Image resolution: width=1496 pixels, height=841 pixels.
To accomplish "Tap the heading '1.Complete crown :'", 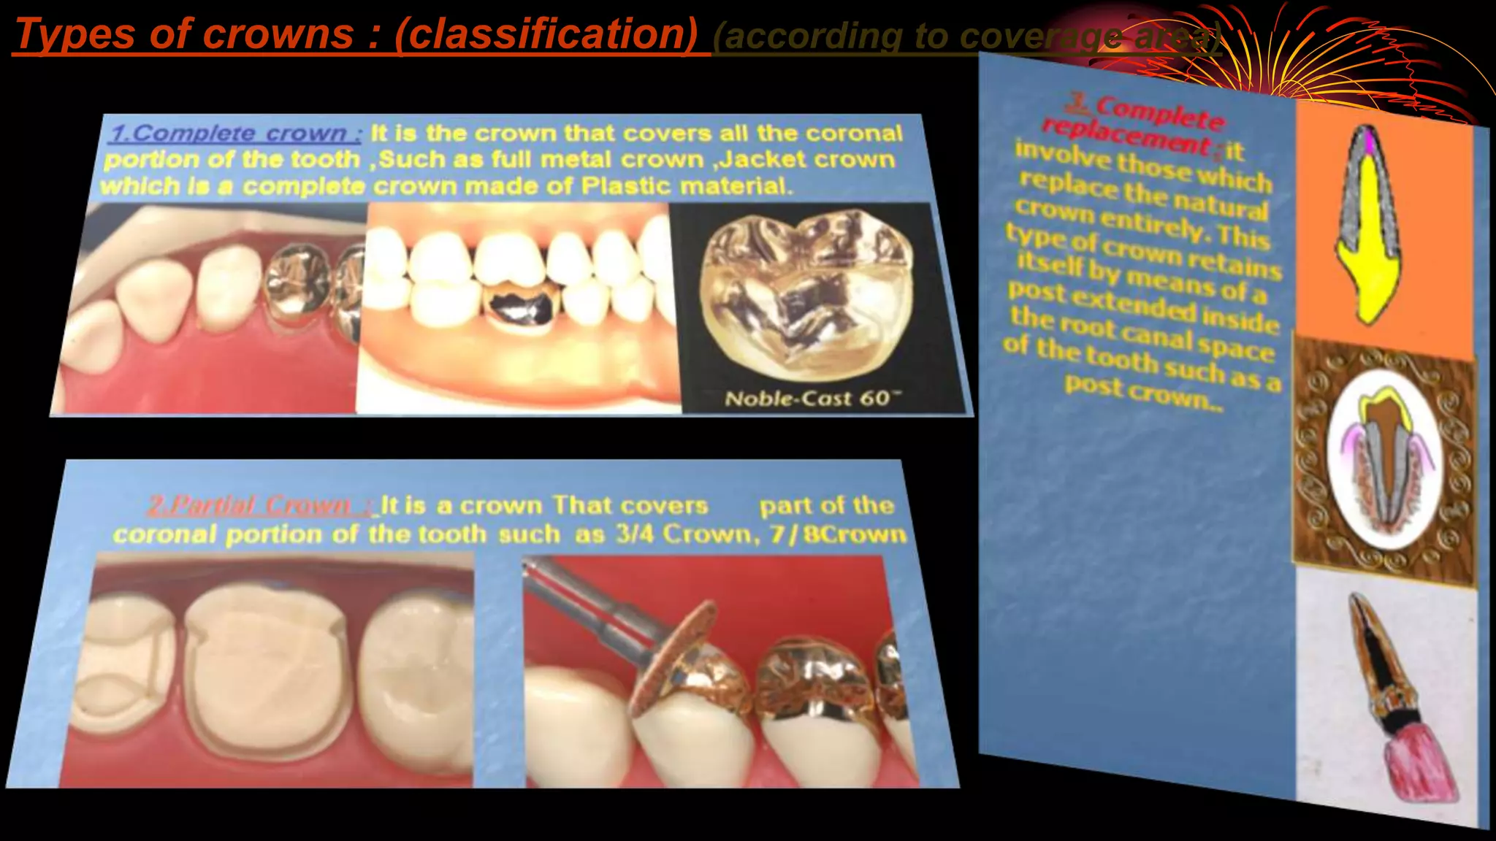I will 236,134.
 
